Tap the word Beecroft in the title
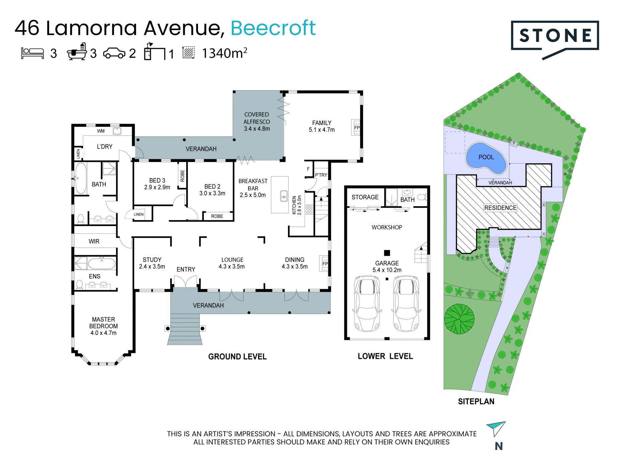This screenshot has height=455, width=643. pyautogui.click(x=273, y=28)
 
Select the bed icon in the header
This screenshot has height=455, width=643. pyautogui.click(x=32, y=53)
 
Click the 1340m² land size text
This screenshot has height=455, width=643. pyautogui.click(x=224, y=53)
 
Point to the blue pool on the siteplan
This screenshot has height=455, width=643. pyautogui.click(x=486, y=158)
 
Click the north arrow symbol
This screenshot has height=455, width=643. pyautogui.click(x=496, y=428)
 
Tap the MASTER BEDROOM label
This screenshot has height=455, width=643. pyautogui.click(x=103, y=323)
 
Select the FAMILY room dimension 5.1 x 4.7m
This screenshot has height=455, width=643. pyautogui.click(x=321, y=130)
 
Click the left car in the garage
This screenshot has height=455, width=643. pyautogui.click(x=367, y=303)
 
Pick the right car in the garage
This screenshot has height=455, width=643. pyautogui.click(x=406, y=303)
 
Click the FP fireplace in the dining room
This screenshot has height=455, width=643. pyautogui.click(x=325, y=264)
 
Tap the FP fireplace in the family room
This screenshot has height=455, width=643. pyautogui.click(x=356, y=127)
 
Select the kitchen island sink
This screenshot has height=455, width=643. pyautogui.click(x=284, y=195)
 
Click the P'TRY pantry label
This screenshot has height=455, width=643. pyautogui.click(x=321, y=175)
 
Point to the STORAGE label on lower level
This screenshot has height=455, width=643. pyautogui.click(x=365, y=197)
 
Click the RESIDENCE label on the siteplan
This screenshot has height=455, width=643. pyautogui.click(x=500, y=208)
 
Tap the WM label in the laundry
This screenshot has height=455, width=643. pyautogui.click(x=101, y=131)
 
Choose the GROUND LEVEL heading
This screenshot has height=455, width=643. pyautogui.click(x=237, y=357)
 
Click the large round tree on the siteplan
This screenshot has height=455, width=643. pyautogui.click(x=459, y=319)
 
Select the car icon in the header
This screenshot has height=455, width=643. pyautogui.click(x=114, y=53)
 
